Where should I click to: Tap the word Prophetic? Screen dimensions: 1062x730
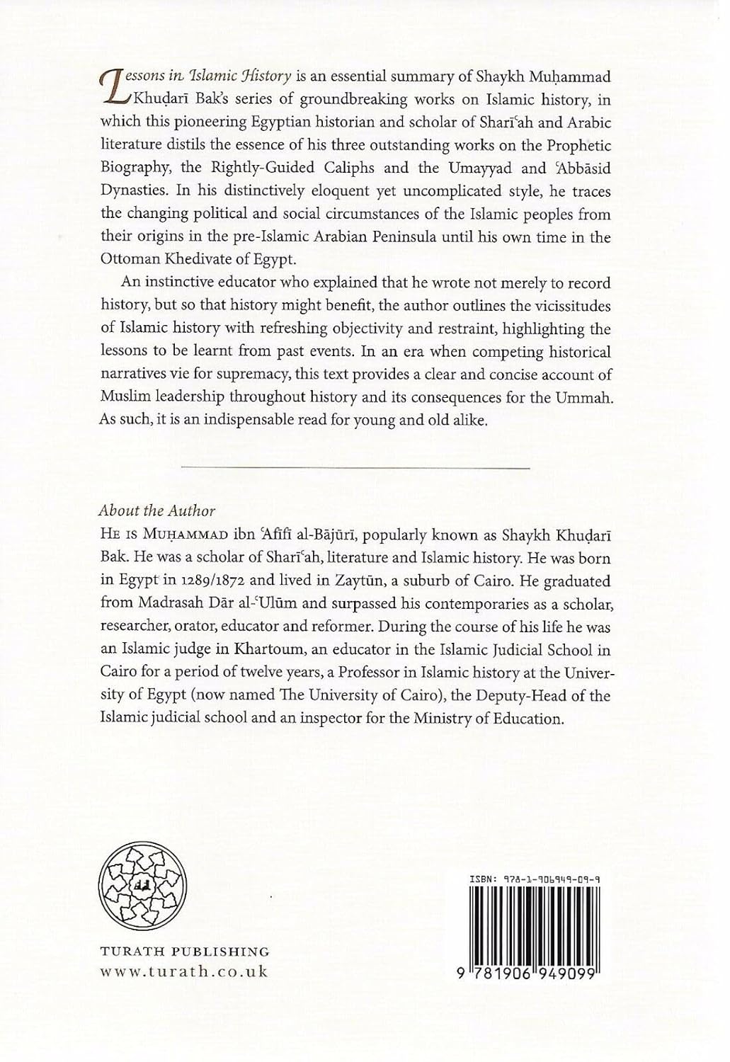pyautogui.click(x=573, y=145)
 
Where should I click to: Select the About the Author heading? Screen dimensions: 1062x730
pyautogui.click(x=156, y=511)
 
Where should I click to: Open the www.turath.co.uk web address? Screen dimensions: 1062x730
pyautogui.click(x=182, y=971)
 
